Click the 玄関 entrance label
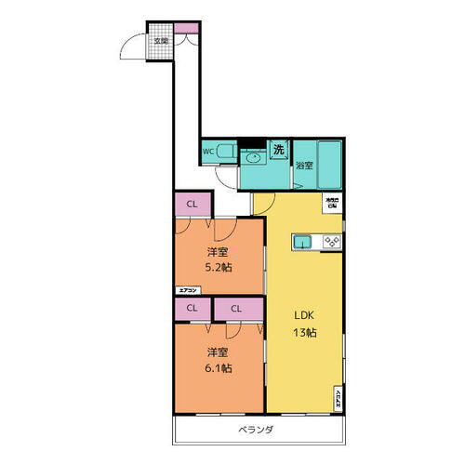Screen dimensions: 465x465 [x=161, y=41]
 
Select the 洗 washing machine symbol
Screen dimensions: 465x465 [x=277, y=148]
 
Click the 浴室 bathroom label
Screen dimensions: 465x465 [x=304, y=166]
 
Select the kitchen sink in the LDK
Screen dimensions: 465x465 [x=303, y=243]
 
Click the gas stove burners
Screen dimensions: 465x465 [x=330, y=243]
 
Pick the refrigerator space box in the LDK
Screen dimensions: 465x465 [x=331, y=201]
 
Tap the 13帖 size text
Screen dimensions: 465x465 [x=304, y=333]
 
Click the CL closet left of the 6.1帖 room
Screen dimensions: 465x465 [x=192, y=308]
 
